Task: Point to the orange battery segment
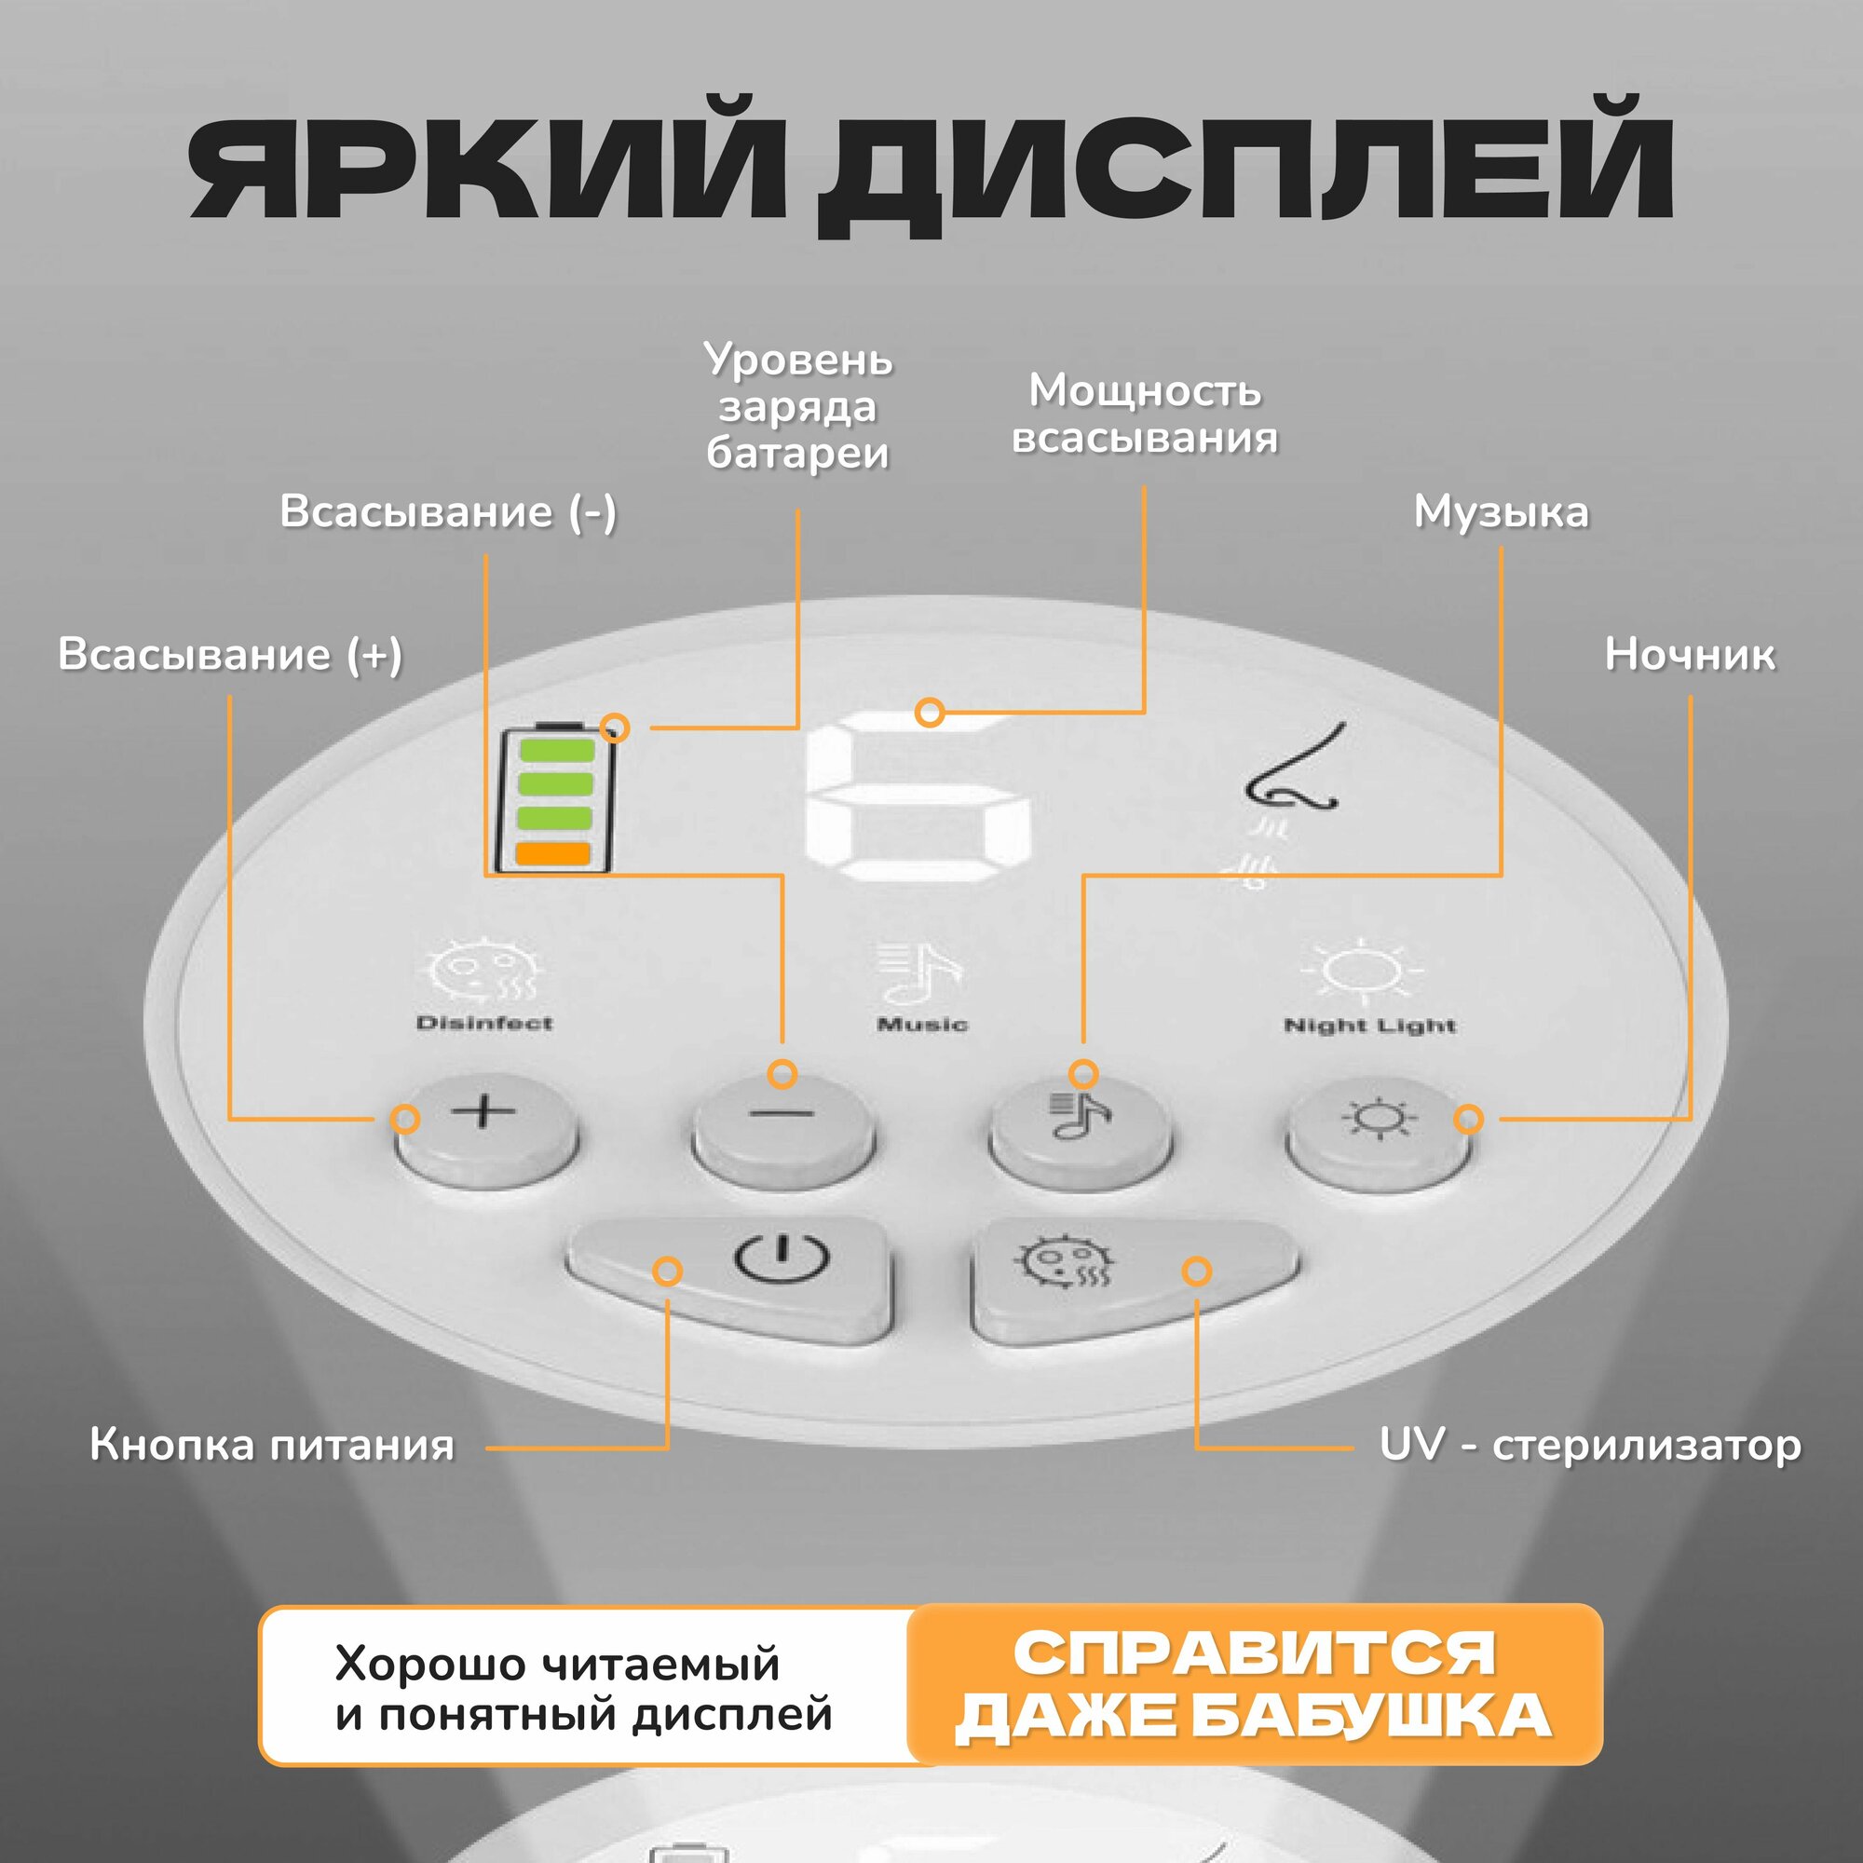click(552, 853)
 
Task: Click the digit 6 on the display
click(916, 799)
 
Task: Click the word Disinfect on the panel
click(484, 1023)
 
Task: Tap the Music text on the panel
click(922, 1024)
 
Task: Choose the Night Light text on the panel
click(1369, 1025)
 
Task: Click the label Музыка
click(1501, 512)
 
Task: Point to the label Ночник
click(1689, 655)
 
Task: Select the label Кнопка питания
click(272, 1446)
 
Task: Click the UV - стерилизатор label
click(1589, 1446)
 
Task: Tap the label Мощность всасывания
click(1145, 415)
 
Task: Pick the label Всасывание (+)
click(229, 655)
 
